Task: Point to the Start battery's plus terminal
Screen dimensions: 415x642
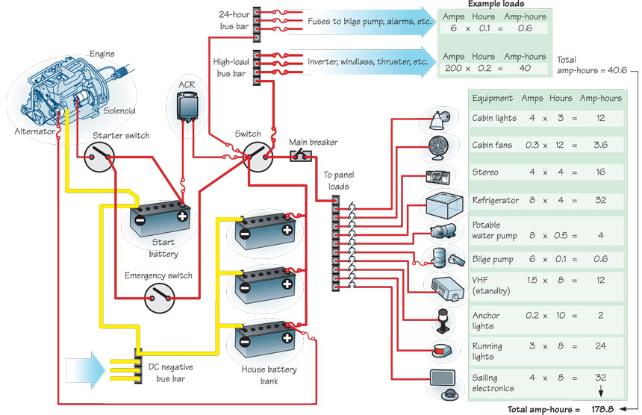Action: point(181,218)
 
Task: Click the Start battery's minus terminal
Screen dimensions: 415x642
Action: point(138,221)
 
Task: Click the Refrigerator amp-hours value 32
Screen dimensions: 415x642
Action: point(598,201)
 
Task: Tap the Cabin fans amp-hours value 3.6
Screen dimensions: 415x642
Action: point(598,145)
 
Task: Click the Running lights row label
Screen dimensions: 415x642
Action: point(488,351)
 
